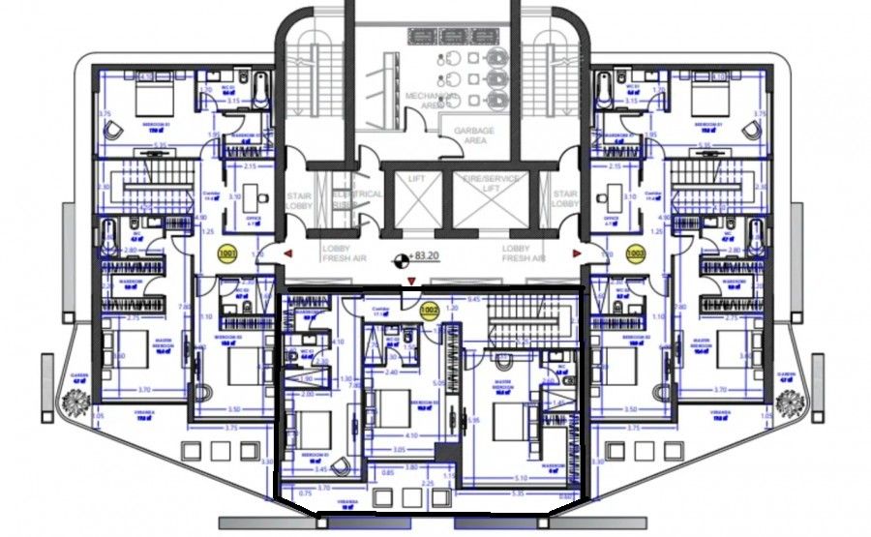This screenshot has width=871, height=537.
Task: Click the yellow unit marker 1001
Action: [x=228, y=254]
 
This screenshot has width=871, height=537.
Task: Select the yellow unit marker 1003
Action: [x=635, y=254]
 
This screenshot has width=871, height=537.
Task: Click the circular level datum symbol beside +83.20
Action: [x=399, y=259]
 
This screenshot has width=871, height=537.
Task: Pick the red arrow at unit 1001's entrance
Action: [x=288, y=254]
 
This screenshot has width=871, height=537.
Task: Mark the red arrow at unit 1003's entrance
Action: [x=578, y=254]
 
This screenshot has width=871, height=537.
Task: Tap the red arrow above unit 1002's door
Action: [x=413, y=281]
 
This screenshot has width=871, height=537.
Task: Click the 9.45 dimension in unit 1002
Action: [x=473, y=300]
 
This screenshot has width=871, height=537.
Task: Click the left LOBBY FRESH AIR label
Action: [x=342, y=254]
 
